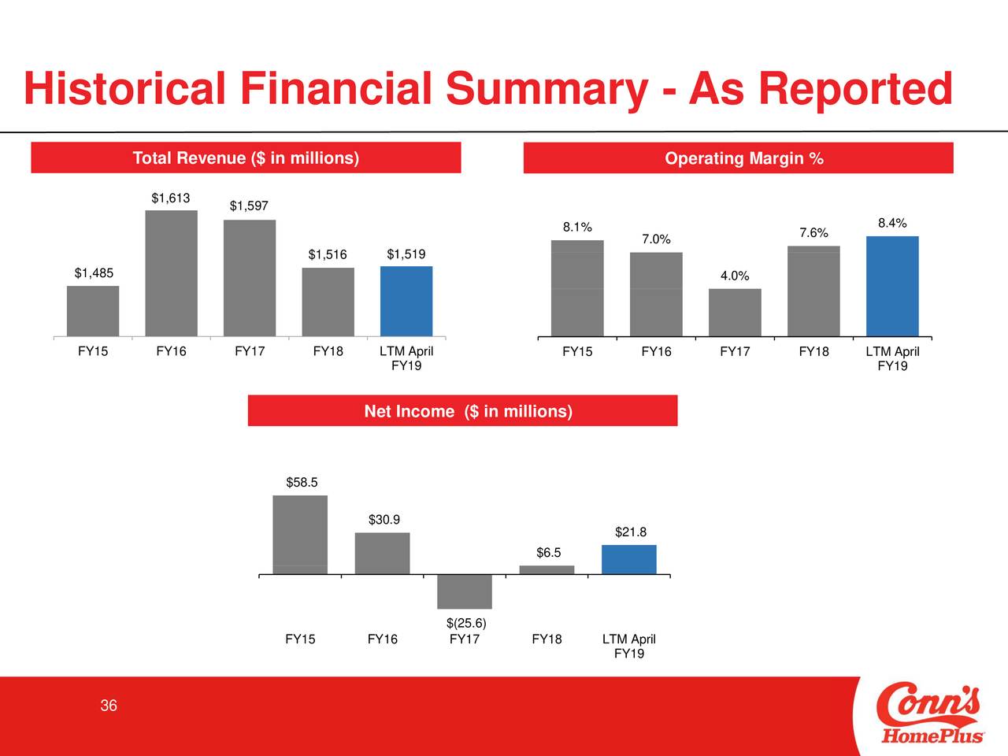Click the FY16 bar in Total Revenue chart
click(171, 273)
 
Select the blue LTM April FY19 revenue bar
click(406, 301)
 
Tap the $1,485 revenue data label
click(94, 273)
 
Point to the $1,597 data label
click(249, 206)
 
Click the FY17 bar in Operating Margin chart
click(735, 313)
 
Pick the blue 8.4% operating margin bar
click(892, 286)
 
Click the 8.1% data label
click(577, 228)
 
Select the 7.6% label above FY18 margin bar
click(813, 233)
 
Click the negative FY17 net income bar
click(465, 591)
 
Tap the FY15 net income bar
click(300, 535)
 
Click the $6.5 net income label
click(549, 553)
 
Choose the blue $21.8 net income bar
click(629, 559)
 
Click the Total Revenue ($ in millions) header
click(246, 158)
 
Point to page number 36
click(109, 706)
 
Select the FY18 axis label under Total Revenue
click(328, 351)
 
